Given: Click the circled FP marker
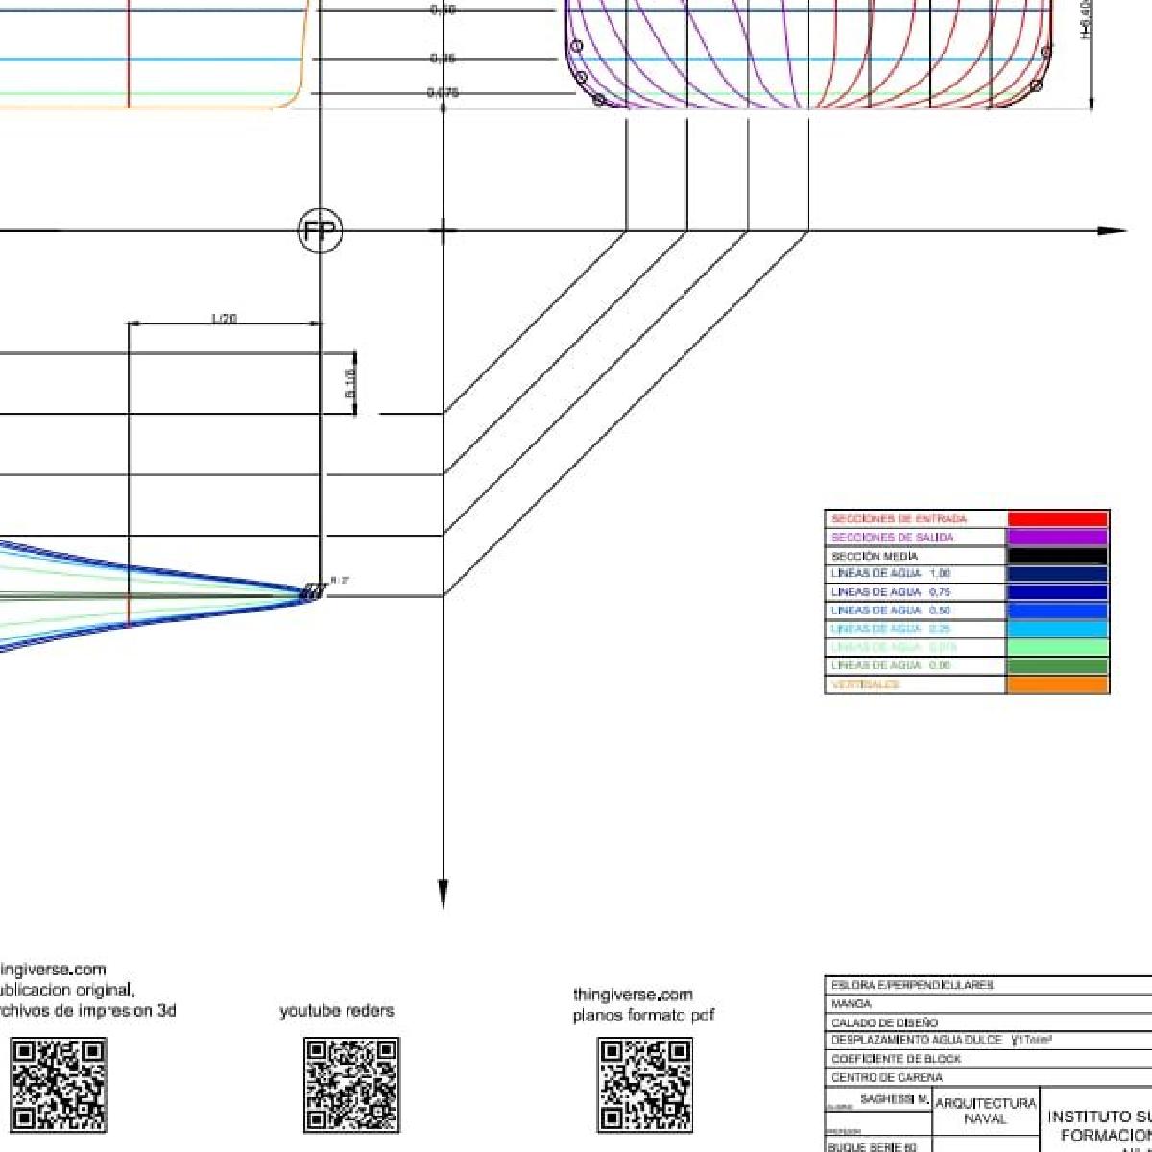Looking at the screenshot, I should [320, 231].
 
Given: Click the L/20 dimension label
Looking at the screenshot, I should [224, 318].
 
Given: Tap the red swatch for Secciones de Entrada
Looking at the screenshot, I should [1057, 519].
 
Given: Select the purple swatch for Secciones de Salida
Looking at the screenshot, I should [1057, 538].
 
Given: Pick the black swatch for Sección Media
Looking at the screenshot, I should [1057, 556].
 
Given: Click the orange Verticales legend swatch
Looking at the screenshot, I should [1057, 684].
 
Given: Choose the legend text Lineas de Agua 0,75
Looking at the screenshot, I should [891, 592].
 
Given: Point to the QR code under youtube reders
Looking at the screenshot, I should [351, 1085].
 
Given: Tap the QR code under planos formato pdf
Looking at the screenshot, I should [644, 1085].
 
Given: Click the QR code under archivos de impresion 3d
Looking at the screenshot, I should [59, 1085].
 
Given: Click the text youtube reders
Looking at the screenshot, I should [337, 1011].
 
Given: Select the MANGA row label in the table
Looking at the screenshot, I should [852, 1004].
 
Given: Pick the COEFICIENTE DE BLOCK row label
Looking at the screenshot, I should [896, 1059].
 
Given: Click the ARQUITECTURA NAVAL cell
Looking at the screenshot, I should [985, 1112].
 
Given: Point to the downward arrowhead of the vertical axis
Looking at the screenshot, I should [443, 894].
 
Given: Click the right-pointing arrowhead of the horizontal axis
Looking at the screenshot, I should [1112, 231].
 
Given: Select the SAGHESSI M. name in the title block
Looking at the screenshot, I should [894, 1098].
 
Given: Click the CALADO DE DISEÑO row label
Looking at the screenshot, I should [884, 1022].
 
